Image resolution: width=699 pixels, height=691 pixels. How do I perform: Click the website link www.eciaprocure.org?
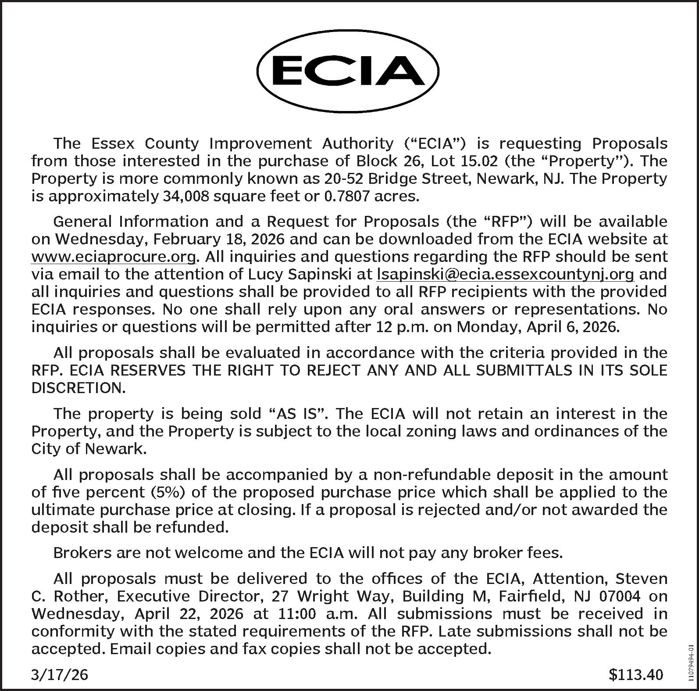click(113, 257)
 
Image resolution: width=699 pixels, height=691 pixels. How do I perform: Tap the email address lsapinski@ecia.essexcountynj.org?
click(505, 274)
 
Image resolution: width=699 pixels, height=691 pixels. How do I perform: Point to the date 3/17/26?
click(60, 674)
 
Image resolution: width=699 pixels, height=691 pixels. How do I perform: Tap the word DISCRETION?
click(78, 388)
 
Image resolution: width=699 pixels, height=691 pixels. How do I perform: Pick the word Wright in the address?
click(321, 596)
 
